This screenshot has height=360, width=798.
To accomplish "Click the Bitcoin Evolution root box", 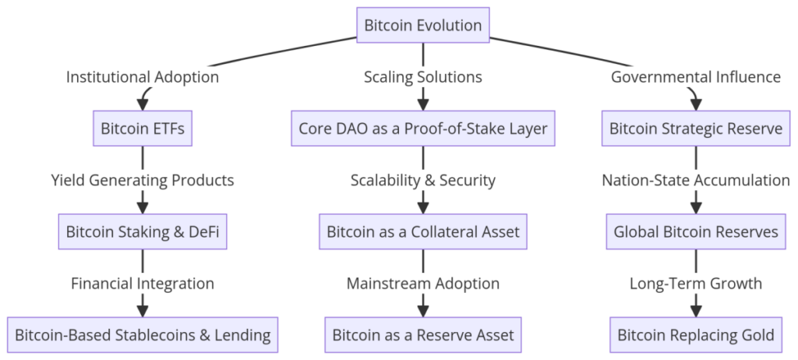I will pos(423,26).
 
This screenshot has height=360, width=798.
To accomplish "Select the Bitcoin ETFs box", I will pos(143,129).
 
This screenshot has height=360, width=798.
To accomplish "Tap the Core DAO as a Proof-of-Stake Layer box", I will pos(423,129).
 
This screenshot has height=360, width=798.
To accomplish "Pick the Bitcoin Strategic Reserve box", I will pos(695,129).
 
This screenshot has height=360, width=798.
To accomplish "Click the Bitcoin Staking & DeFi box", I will pos(143,232).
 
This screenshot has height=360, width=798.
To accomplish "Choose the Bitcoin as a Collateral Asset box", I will pos(423,232).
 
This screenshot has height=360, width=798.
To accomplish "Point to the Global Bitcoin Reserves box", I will pos(695,232).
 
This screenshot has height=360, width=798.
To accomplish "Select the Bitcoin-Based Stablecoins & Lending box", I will pos(143,335).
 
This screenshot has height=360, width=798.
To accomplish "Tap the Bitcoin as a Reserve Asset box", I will pos(423,335).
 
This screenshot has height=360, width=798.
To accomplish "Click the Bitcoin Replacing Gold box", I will pos(695,335).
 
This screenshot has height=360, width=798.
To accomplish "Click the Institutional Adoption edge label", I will pos(143,77).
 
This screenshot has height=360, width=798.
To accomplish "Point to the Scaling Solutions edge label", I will pos(423,77).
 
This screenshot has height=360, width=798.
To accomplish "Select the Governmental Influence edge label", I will pos(695,77).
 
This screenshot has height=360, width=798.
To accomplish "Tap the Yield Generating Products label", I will pos(143,180).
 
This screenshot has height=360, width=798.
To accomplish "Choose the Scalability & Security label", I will pos(423,180).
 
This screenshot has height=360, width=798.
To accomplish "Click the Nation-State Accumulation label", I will pos(695,180).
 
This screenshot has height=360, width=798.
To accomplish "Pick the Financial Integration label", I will pos(143,284).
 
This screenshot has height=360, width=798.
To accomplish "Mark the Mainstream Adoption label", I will pos(423,284).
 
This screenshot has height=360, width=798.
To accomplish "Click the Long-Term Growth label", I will pos(695,284).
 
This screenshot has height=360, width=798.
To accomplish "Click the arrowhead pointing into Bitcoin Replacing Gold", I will pos(695,312).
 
